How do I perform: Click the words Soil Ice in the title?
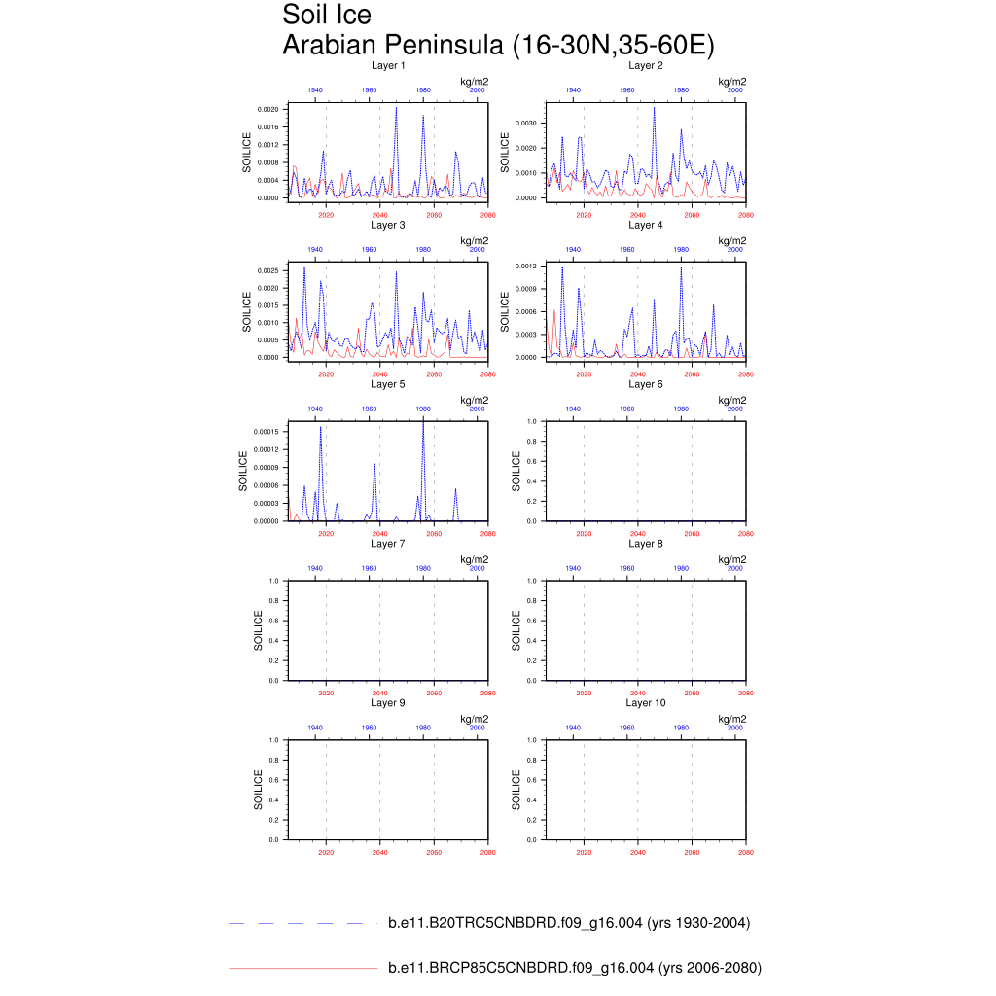327,16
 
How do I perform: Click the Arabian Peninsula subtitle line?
498,45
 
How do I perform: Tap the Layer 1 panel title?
388,66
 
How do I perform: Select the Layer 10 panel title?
645,702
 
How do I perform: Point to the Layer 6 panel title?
645,384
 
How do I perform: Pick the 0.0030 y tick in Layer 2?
525,124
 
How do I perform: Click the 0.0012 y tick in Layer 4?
525,266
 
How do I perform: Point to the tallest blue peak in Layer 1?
396,108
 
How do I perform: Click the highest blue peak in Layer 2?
654,108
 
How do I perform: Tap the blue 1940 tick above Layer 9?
315,728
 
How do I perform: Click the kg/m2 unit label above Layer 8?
731,559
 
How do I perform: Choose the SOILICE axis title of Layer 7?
258,630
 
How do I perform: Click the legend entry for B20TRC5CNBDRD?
568,923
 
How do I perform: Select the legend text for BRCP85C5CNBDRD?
574,968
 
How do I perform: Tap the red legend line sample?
302,969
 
